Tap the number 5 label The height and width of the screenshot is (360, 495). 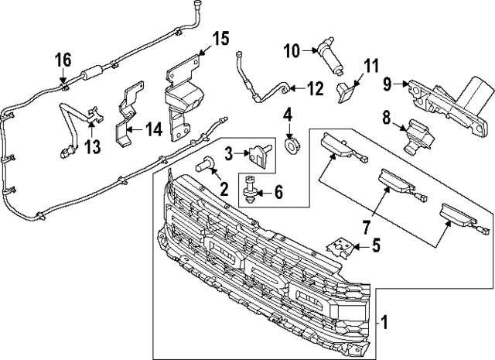(376, 247)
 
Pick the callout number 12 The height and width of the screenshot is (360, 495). (315, 88)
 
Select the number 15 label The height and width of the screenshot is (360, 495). (220, 37)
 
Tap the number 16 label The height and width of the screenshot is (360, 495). (63, 60)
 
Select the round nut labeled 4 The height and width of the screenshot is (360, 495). (292, 143)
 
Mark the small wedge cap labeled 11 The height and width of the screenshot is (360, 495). (346, 91)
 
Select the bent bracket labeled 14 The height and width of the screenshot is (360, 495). (124, 124)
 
